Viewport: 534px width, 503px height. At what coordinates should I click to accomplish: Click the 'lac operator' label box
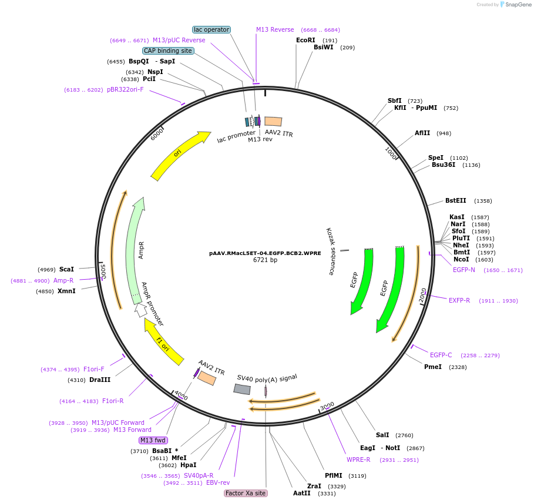[211, 29]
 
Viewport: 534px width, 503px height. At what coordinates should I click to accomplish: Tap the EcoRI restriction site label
[305, 40]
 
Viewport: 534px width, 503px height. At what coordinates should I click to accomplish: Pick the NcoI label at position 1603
[461, 259]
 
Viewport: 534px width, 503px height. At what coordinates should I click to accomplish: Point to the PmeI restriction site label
[433, 367]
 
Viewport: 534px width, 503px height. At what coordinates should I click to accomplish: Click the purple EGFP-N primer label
[464, 270]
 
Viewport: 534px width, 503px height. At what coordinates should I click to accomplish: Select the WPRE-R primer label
[358, 460]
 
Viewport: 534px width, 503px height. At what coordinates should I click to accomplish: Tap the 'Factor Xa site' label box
[246, 493]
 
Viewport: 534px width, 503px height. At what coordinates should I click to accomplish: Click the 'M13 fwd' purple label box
[153, 440]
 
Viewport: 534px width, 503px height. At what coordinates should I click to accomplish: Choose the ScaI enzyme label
[66, 269]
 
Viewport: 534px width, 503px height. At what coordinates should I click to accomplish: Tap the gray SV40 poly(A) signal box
[242, 389]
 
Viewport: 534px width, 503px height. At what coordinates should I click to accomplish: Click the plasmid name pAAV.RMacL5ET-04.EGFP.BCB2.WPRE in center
[265, 253]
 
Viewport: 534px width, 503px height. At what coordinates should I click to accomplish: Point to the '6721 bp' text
[265, 260]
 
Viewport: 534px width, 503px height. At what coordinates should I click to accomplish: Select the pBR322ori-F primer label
[125, 89]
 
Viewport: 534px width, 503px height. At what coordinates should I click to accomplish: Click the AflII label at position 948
[422, 133]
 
